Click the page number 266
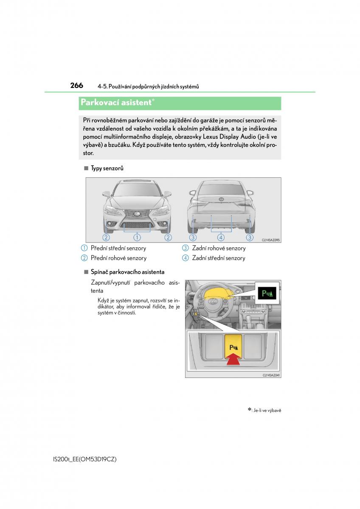[76, 86]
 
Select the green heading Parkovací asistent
[116, 102]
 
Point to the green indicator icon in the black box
[268, 293]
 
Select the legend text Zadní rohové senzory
[219, 248]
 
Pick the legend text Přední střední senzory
[118, 248]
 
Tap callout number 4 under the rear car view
[221, 238]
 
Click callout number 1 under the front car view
[137, 238]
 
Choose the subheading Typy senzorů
[107, 168]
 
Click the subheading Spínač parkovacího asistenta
[127, 272]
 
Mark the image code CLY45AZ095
[271, 240]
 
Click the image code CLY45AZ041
[271, 375]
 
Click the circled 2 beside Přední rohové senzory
[84, 258]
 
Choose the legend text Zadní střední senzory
[218, 258]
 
